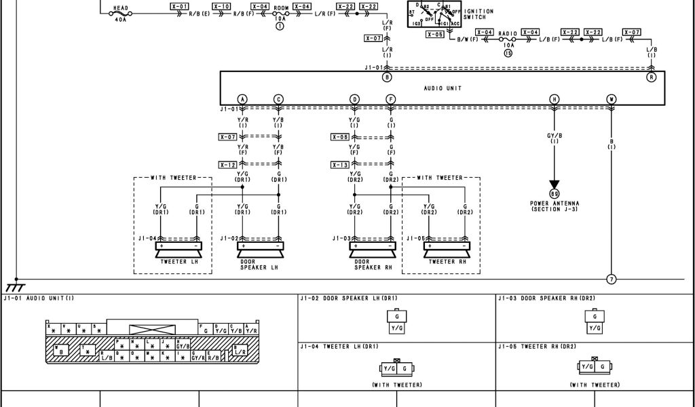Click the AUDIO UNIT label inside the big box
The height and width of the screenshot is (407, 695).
point(443,88)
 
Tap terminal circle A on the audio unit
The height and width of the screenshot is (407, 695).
point(242,99)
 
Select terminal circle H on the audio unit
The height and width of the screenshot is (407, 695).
point(555,99)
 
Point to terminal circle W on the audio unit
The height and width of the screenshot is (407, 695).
point(612,99)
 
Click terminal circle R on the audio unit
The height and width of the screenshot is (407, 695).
point(652,77)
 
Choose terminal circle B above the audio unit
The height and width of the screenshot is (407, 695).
point(388,77)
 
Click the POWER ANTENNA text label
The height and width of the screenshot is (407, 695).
point(555,203)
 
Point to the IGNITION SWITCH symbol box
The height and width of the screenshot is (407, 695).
point(433,14)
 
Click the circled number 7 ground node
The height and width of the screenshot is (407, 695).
point(612,279)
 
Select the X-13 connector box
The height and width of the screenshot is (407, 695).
point(340,165)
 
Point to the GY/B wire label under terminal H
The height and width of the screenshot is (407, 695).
point(555,136)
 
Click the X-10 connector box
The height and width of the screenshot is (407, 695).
point(221,6)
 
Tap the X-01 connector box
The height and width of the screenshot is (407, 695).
point(179,6)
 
